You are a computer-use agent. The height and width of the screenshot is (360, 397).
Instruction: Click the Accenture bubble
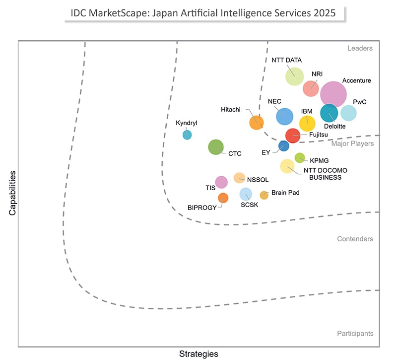333,94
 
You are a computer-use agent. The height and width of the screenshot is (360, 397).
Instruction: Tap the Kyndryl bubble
187,135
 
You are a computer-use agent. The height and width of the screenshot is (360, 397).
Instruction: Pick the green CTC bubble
216,147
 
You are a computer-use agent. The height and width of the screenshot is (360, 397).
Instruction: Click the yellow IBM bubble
307,123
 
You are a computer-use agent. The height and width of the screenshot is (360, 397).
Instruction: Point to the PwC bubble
348,113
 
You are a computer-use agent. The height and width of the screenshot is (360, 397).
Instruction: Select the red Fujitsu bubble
292,136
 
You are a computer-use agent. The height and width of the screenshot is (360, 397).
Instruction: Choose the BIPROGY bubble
223,198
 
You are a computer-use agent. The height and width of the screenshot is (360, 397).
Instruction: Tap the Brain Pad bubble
264,195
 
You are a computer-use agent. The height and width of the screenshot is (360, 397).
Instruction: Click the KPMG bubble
300,158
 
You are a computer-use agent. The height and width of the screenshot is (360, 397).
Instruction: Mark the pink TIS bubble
221,182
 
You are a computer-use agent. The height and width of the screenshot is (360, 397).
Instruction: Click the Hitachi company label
231,109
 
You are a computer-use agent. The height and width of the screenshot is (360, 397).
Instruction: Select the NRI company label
317,74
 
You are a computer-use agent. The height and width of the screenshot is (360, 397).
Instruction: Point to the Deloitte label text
335,127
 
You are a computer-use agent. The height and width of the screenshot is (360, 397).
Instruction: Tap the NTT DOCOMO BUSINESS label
326,174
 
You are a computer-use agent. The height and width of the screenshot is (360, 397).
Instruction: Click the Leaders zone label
360,49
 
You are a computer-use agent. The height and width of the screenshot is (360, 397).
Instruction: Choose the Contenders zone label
355,239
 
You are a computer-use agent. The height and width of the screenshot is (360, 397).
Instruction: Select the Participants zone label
355,334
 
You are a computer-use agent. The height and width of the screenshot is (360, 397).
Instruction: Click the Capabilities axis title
12,193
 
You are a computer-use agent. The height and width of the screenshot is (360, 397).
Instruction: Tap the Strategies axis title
198,354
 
